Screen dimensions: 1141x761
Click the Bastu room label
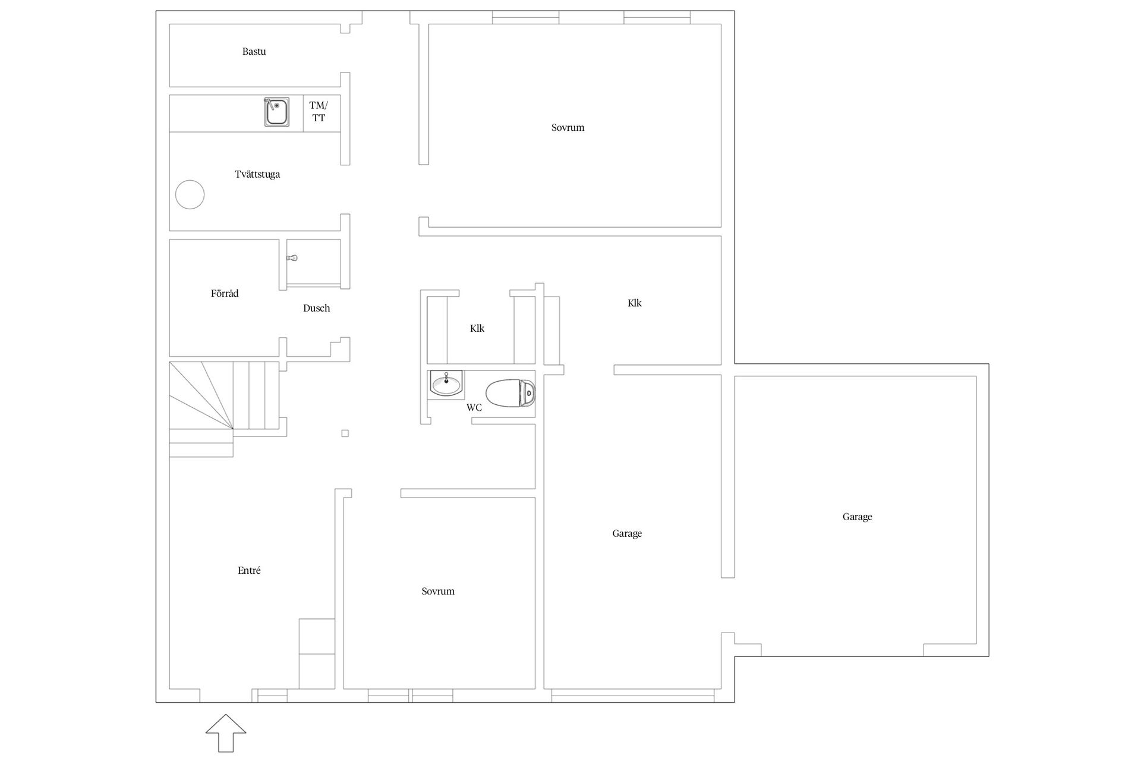coord(254,52)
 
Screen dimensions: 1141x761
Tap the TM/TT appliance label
coord(319,112)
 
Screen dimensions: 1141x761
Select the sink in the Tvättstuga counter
coord(277,112)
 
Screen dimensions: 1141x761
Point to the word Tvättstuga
coord(257,174)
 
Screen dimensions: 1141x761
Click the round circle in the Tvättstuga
coord(190,194)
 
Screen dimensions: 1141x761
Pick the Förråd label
coord(225,293)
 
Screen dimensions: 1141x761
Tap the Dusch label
coord(316,308)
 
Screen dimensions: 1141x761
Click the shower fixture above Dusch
coord(292,258)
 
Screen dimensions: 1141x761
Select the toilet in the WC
coord(510,393)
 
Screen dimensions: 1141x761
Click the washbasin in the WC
coord(446,383)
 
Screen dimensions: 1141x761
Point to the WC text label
coord(474,408)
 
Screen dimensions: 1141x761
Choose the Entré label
coord(249,571)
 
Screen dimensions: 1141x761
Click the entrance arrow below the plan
coord(226,732)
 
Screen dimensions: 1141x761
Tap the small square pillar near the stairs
coord(345,433)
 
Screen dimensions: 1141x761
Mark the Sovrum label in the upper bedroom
coord(568,128)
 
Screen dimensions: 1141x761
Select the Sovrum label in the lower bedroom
coord(438,592)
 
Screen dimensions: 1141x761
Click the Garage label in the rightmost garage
coord(857,517)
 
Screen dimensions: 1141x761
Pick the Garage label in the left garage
coord(627,534)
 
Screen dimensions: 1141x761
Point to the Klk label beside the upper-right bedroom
coord(635,303)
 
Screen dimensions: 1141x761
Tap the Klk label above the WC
coord(477,328)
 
